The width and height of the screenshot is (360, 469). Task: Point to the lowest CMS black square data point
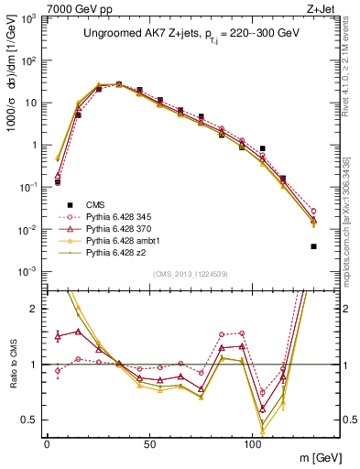313,246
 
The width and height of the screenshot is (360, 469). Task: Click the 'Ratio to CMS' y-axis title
11,365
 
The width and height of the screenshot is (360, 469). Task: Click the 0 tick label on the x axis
47,442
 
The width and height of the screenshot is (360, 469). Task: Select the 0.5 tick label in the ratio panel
30,420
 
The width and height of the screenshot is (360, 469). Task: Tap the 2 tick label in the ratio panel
34,309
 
